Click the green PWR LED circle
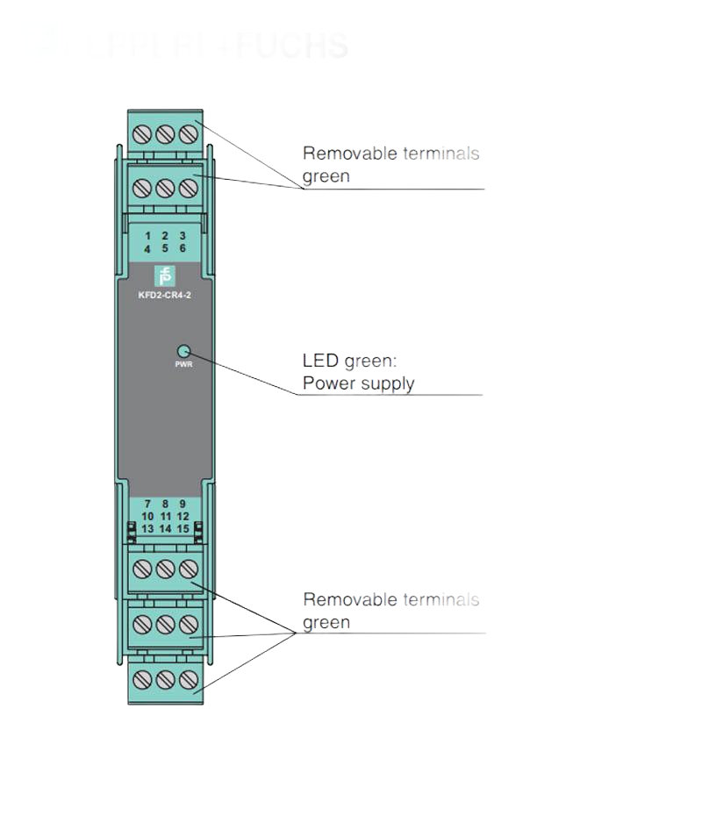point(184,349)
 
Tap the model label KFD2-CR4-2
point(165,295)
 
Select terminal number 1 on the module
point(147,236)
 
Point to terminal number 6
point(183,248)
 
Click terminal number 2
point(165,236)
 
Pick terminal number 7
point(147,504)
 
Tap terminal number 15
point(183,528)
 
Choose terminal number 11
point(165,516)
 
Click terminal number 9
point(183,504)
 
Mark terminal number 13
point(147,528)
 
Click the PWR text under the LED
point(184,363)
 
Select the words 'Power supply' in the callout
point(358,383)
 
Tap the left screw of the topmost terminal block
point(145,134)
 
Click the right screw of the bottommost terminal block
point(187,679)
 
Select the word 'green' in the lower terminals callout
point(326,622)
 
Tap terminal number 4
point(147,248)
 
